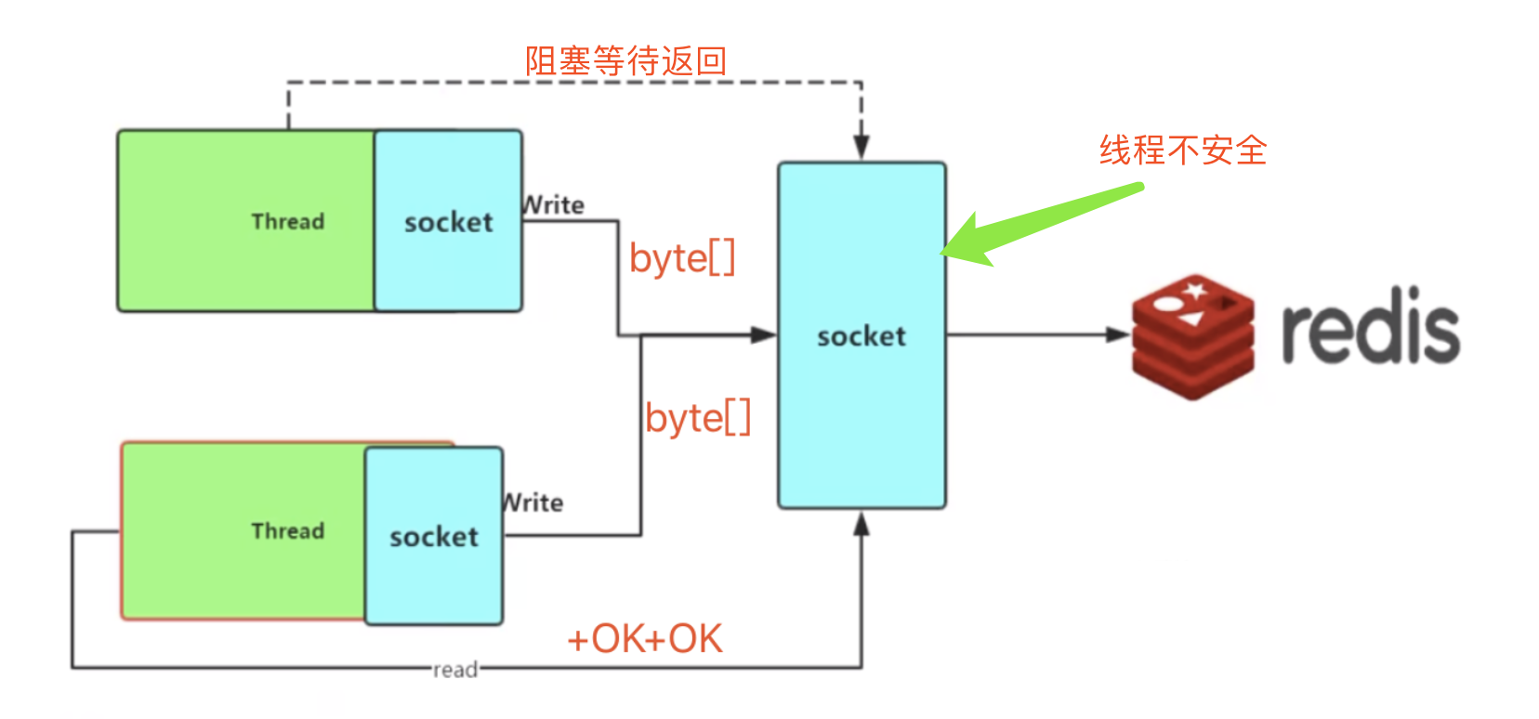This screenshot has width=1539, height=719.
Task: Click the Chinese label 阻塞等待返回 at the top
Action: point(625,61)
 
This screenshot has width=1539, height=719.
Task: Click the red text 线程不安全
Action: point(1182,150)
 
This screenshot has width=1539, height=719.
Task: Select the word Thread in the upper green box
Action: point(288,221)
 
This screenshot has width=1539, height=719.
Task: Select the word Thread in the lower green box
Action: point(288,530)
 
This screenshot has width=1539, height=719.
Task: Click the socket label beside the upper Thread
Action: point(448,222)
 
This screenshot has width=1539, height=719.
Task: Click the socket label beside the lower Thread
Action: point(434,536)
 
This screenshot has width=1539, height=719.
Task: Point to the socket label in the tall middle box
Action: point(862,335)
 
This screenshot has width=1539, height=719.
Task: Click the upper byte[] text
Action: point(682,257)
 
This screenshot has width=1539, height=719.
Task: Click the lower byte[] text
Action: point(698,418)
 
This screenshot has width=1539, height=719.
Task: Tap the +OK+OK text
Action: point(644,639)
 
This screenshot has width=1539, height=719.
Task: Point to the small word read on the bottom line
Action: point(455,669)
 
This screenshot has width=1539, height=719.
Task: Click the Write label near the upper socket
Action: point(554,204)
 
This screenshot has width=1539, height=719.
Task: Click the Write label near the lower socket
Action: point(533,503)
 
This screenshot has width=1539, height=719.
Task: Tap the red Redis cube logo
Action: point(1192,335)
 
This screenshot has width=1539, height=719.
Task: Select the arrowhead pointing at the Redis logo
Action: point(1119,334)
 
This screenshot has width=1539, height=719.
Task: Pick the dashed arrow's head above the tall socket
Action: point(862,148)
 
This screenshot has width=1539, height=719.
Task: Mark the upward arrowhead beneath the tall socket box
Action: point(862,525)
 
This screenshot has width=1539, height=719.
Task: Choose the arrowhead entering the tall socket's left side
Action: point(764,334)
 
